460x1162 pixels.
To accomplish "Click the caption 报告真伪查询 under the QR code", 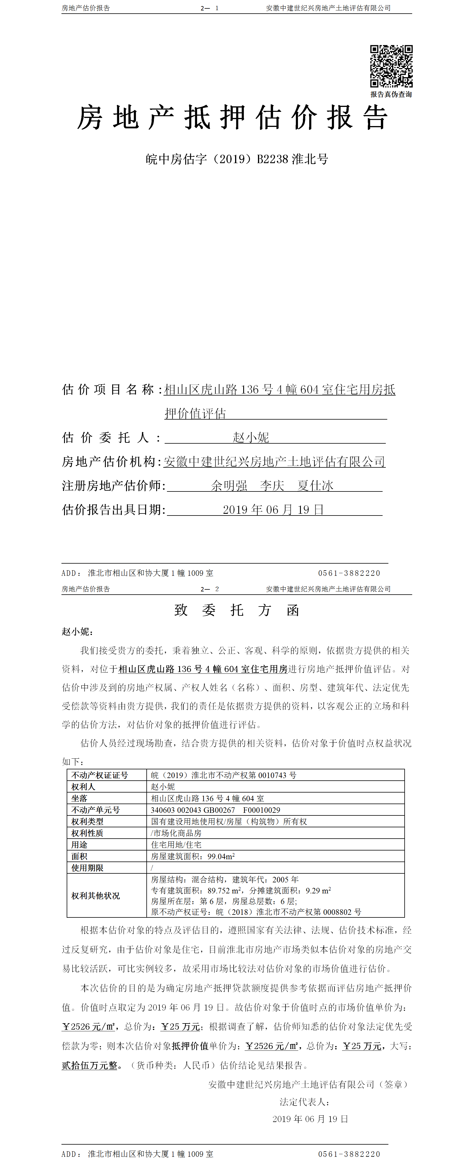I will point(391,94).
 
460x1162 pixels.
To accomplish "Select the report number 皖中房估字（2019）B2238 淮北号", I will point(237,159).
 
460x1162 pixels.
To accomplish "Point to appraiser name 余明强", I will point(229,486).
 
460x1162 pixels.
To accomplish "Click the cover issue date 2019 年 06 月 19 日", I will point(273,510).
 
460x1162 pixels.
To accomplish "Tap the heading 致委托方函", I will point(237,610).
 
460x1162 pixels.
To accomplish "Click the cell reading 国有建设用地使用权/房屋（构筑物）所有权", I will point(229,822).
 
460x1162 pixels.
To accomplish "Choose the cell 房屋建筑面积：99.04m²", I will point(193,856).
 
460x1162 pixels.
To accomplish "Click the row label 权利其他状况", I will point(96,895).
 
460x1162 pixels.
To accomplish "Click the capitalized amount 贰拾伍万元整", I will point(89,1065).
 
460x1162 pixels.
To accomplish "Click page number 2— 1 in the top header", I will point(210,8).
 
